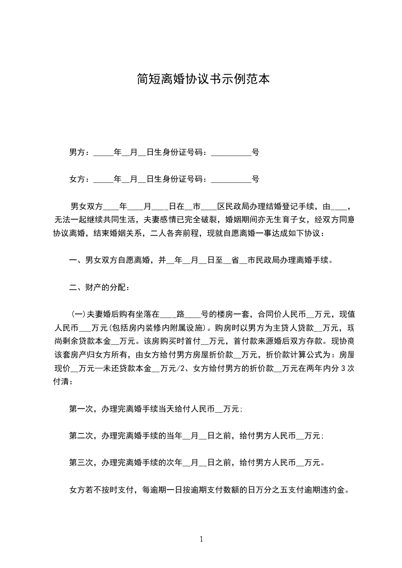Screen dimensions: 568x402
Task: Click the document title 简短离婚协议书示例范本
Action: click(201, 79)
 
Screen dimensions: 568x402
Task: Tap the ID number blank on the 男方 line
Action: click(231, 152)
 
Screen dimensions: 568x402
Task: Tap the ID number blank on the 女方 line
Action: click(231, 179)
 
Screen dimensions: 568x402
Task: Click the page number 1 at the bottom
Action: click(201, 539)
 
